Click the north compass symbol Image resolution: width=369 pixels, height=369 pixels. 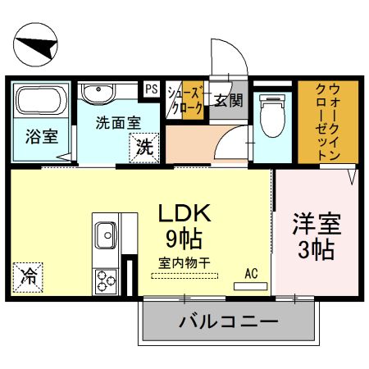[x=35, y=44]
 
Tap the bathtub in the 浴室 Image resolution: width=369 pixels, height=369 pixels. [x=42, y=101]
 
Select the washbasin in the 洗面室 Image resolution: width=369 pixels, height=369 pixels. [x=98, y=93]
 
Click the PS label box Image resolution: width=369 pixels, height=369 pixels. [x=152, y=89]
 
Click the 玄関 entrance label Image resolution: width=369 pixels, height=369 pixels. [x=228, y=101]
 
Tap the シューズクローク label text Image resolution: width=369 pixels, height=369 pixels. [x=185, y=100]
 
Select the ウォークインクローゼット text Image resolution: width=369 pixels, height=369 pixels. [x=328, y=122]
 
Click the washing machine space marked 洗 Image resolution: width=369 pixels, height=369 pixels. [x=144, y=148]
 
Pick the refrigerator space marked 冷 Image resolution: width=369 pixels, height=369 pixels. [x=28, y=277]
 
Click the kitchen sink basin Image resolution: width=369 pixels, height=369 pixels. [x=106, y=235]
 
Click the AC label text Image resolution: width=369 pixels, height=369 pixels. [x=251, y=273]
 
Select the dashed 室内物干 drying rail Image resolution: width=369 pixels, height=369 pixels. [x=184, y=276]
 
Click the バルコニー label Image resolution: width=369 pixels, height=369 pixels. [x=229, y=321]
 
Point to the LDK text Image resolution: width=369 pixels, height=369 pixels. [x=184, y=213]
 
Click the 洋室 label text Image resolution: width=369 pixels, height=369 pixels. [x=317, y=225]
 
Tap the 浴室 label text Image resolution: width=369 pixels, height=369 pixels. [x=42, y=136]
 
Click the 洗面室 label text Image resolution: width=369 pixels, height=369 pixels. [x=118, y=123]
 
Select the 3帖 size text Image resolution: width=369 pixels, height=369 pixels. [x=316, y=250]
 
